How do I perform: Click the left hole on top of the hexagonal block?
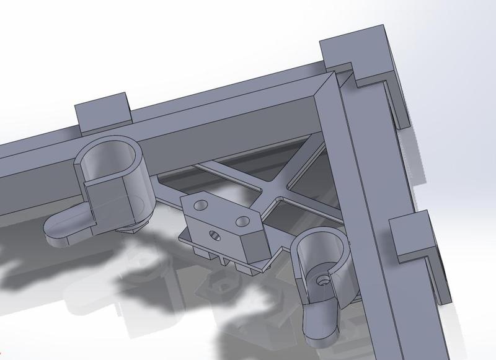pos(200,204)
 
